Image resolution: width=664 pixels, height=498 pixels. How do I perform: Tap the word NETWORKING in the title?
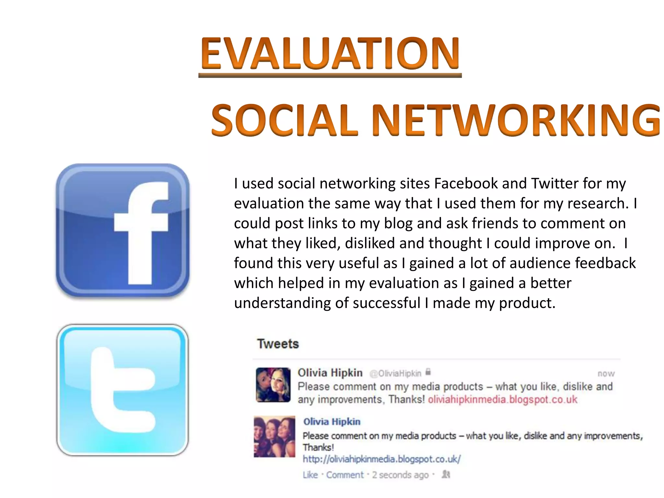516,120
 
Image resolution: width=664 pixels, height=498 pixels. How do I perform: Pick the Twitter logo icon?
123,390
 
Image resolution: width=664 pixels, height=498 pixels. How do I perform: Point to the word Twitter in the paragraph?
554,184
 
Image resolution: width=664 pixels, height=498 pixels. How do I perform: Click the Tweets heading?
278,344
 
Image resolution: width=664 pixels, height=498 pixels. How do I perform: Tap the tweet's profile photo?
273,385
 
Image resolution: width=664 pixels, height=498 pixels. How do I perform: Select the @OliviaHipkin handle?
395,373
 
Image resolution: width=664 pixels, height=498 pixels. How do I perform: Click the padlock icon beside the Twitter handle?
428,372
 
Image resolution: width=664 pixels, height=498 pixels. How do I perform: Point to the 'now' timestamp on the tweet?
606,374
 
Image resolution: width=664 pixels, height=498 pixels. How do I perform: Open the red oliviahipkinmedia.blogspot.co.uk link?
503,399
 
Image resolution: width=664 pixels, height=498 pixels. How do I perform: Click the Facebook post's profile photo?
274,436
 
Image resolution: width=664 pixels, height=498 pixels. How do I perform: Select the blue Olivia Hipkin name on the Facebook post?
332,421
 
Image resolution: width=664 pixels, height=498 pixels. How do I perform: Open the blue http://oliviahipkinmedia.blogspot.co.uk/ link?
382,459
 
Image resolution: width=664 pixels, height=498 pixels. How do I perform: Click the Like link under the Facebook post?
310,475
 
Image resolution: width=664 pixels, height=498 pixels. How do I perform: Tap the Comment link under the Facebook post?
345,475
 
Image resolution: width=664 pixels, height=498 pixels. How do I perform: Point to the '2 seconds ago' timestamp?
400,475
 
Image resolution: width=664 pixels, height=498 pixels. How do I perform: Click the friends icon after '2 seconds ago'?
446,474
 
